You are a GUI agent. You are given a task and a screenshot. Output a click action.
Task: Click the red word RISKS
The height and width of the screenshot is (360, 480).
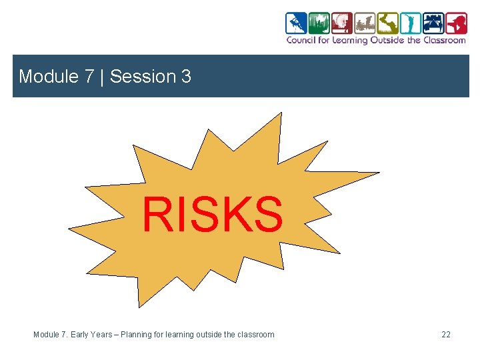click(212, 215)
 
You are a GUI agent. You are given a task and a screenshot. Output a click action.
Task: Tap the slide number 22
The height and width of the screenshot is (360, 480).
click(445, 334)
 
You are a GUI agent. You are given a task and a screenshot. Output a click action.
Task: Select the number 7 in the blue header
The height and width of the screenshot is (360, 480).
click(89, 77)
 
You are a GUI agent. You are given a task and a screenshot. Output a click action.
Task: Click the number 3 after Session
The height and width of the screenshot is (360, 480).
click(185, 77)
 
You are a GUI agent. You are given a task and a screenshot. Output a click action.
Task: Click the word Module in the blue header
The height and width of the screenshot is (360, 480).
click(49, 77)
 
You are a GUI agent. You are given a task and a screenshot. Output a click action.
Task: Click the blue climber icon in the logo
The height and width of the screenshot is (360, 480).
click(296, 23)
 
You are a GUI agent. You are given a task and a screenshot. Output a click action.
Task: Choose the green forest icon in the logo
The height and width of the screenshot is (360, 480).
click(319, 23)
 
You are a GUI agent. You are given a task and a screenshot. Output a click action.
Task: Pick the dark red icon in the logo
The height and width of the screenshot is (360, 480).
click(342, 23)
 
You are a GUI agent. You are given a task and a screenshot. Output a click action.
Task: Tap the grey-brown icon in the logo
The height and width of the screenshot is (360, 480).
click(365, 23)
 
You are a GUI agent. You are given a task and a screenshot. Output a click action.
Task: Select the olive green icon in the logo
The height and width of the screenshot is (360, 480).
click(387, 23)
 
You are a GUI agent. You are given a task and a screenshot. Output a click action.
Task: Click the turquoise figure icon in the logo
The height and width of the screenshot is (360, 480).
click(411, 23)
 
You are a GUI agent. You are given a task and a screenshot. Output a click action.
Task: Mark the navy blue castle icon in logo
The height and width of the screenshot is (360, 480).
click(433, 23)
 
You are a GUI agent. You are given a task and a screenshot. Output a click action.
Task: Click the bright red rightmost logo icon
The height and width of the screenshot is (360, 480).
click(456, 23)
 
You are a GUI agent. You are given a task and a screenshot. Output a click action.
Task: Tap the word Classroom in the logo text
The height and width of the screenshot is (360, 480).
click(446, 40)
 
